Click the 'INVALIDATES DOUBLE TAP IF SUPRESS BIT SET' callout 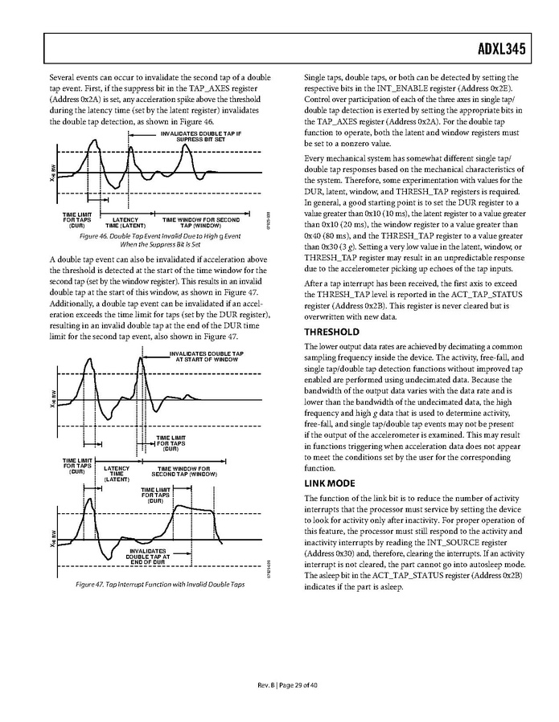198,136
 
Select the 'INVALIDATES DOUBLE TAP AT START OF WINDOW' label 206,357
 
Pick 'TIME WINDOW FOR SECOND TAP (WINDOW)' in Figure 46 200,222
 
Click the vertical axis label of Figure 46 53,171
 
